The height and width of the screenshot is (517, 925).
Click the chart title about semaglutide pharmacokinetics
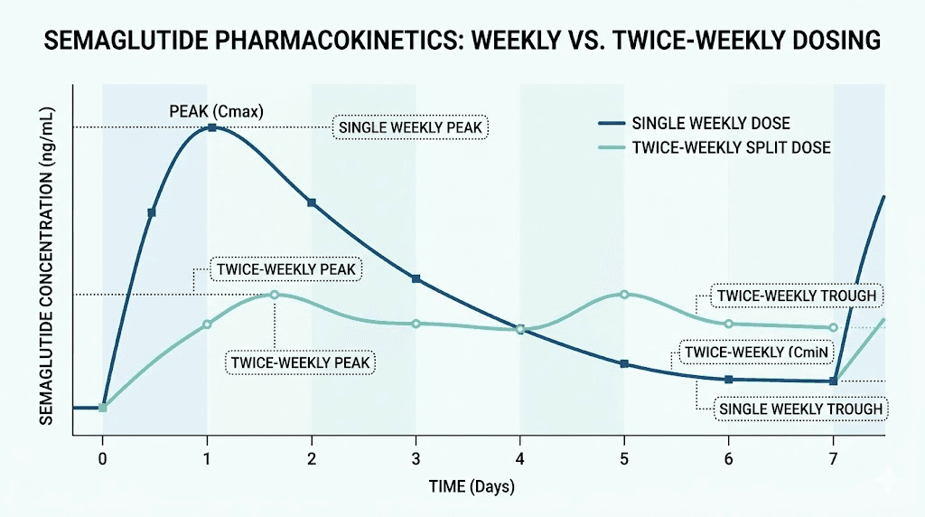click(x=462, y=42)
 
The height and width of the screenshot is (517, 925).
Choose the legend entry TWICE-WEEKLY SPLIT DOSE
click(x=731, y=147)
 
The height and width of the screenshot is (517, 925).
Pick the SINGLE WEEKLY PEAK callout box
click(x=410, y=127)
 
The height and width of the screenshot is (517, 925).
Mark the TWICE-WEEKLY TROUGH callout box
click(x=796, y=296)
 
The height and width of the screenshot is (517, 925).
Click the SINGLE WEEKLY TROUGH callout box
click(x=800, y=409)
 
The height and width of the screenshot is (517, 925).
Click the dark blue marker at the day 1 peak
click(x=212, y=127)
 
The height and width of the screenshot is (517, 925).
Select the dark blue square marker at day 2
click(x=312, y=202)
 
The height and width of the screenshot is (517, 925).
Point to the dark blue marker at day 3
click(x=416, y=278)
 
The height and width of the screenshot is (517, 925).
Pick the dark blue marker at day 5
click(x=624, y=363)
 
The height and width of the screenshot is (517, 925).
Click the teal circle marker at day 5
click(x=624, y=295)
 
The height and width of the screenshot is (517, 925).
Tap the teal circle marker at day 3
click(x=416, y=324)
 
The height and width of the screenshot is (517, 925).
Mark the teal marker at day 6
click(x=728, y=324)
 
